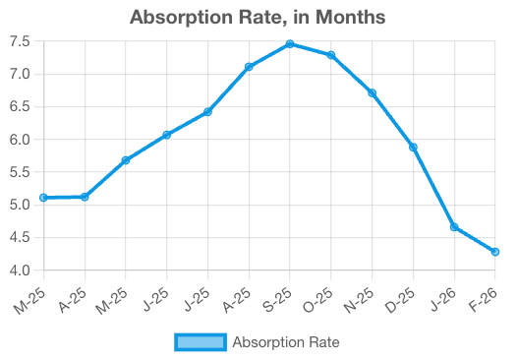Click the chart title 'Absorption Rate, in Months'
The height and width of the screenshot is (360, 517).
click(x=258, y=17)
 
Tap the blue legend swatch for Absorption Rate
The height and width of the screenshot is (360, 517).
click(x=200, y=342)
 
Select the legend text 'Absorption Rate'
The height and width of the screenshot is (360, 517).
click(x=285, y=342)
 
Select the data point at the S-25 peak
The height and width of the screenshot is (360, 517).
click(x=290, y=44)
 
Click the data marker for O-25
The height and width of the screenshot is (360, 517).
click(x=331, y=55)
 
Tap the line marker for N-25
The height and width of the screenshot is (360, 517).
click(x=372, y=93)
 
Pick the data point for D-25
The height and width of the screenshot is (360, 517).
click(x=413, y=148)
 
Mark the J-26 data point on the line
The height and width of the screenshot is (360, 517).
click(x=454, y=227)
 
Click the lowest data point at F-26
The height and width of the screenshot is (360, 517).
click(x=494, y=252)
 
